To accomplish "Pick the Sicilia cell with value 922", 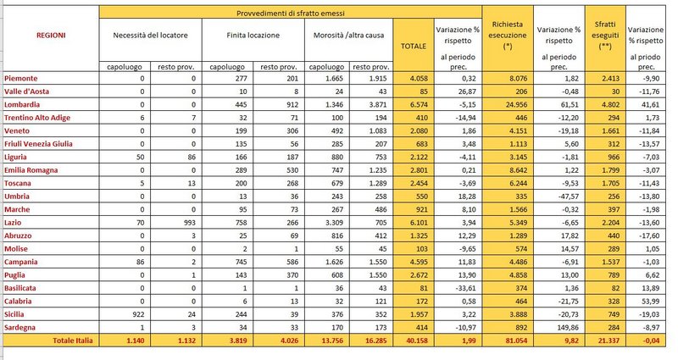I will [136, 313].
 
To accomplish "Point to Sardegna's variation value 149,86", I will [565, 326].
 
